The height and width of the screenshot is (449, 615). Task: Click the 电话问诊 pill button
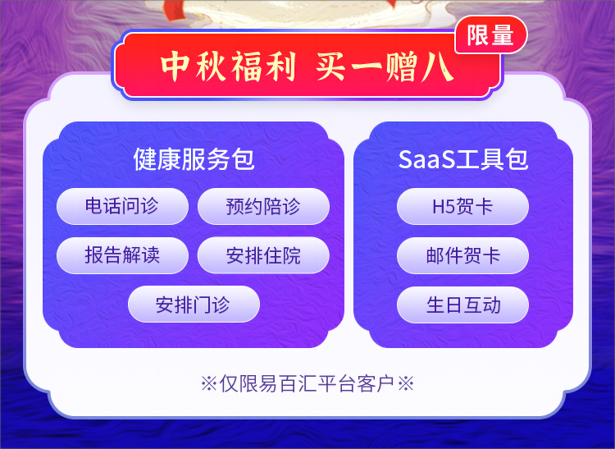pyautogui.click(x=122, y=207)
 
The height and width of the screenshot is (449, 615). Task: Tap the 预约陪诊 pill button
pyautogui.click(x=263, y=207)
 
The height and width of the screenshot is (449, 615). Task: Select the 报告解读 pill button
pyautogui.click(x=122, y=255)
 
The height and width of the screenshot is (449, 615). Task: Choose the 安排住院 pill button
pyautogui.click(x=263, y=255)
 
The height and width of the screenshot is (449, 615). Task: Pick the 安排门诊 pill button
pyautogui.click(x=194, y=305)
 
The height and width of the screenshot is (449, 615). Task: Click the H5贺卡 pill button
pyautogui.click(x=462, y=207)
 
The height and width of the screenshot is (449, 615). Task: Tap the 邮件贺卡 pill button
pyautogui.click(x=462, y=255)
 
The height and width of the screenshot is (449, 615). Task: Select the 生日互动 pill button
pyautogui.click(x=462, y=305)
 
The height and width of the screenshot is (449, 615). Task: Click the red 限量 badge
pyautogui.click(x=490, y=35)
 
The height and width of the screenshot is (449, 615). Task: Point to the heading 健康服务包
pyautogui.click(x=194, y=159)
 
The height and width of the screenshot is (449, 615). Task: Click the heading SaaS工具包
pyautogui.click(x=463, y=159)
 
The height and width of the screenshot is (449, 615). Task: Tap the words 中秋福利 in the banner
pyautogui.click(x=228, y=66)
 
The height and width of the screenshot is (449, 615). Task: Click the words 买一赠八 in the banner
pyautogui.click(x=385, y=66)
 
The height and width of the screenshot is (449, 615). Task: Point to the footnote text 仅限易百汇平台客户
pyautogui.click(x=307, y=383)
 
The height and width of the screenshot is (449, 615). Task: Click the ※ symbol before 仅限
pyautogui.click(x=209, y=383)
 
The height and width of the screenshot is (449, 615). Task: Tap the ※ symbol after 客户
pyautogui.click(x=406, y=383)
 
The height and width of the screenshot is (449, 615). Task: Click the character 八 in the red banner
pyautogui.click(x=437, y=67)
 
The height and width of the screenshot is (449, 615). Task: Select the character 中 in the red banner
pyautogui.click(x=175, y=66)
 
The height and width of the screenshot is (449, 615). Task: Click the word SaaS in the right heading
pyautogui.click(x=426, y=160)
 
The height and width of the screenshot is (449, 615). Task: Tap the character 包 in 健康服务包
pyautogui.click(x=243, y=159)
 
